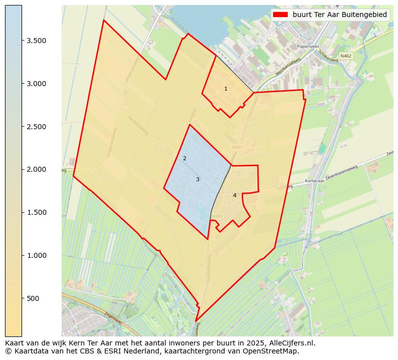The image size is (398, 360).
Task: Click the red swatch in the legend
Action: [281, 15]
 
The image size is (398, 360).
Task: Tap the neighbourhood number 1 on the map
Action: [226, 89]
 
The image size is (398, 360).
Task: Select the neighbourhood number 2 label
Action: [184, 159]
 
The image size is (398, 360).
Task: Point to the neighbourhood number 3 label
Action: [197, 179]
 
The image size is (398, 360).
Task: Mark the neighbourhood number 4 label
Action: [235, 195]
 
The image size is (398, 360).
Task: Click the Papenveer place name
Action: [308, 46]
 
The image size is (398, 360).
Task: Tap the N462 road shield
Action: [345, 56]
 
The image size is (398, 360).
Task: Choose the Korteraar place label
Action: [315, 181]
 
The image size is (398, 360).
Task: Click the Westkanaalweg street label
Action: [288, 68]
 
